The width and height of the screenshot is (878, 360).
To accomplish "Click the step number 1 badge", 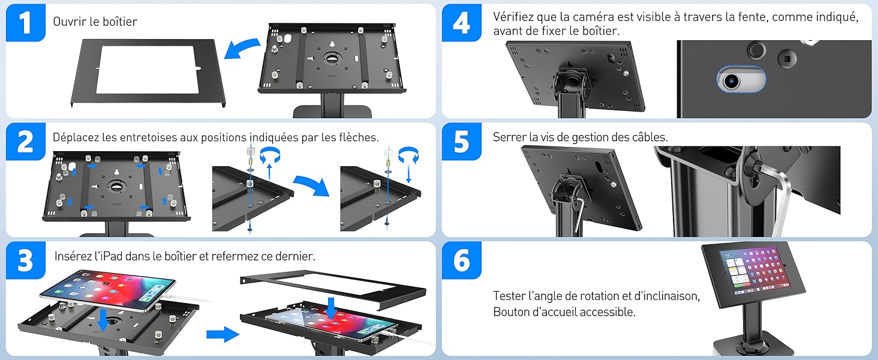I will click(x=25, y=23).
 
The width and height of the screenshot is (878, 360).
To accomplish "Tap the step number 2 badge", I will click(x=25, y=142).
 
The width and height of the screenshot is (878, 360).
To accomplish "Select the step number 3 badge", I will click(x=25, y=260).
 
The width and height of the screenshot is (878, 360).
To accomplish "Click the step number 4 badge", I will click(x=461, y=23).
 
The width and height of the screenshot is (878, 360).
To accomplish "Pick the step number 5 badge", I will click(x=461, y=142).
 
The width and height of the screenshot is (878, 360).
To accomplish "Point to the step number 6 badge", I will click(x=461, y=260).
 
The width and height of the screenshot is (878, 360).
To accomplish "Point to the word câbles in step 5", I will click(x=649, y=137).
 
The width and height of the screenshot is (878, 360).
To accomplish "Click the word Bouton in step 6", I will click(x=510, y=312).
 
